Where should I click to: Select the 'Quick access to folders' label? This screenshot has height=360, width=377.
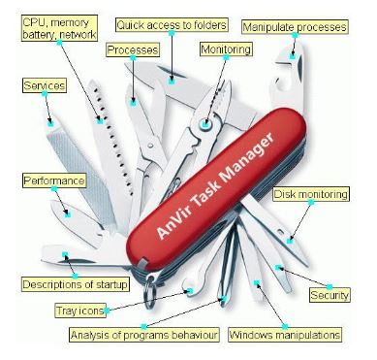pyautogui.click(x=172, y=24)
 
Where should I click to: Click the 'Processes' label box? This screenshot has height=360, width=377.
pyautogui.click(x=133, y=49)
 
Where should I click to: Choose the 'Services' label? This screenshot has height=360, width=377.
pyautogui.click(x=44, y=86)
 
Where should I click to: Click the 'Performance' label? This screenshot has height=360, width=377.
pyautogui.click(x=54, y=180)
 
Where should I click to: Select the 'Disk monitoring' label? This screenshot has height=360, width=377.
pyautogui.click(x=310, y=194)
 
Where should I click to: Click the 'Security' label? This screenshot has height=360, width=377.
pyautogui.click(x=329, y=294)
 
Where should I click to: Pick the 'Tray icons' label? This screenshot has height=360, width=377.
pyautogui.click(x=81, y=311)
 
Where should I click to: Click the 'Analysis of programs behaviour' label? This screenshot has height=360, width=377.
pyautogui.click(x=144, y=335)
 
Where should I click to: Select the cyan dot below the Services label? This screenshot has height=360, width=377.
pyautogui.click(x=50, y=122)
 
